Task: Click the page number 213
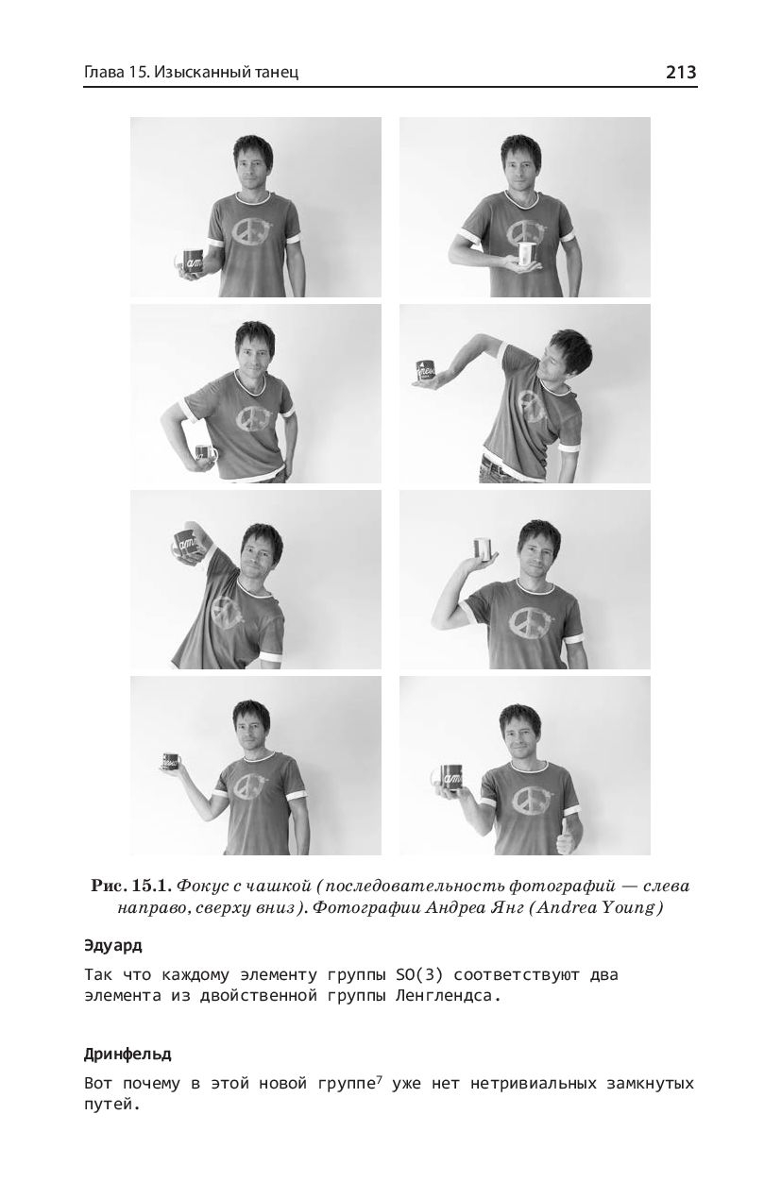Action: coord(680,72)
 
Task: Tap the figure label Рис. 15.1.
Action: coord(131,887)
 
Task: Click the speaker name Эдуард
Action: coord(113,946)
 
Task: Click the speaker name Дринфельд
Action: coord(127,1055)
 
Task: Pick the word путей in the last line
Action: coord(112,1105)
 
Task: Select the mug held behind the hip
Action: coord(205,454)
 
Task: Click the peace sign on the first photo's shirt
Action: coord(251,236)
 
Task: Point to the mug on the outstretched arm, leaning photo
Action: coord(427,370)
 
